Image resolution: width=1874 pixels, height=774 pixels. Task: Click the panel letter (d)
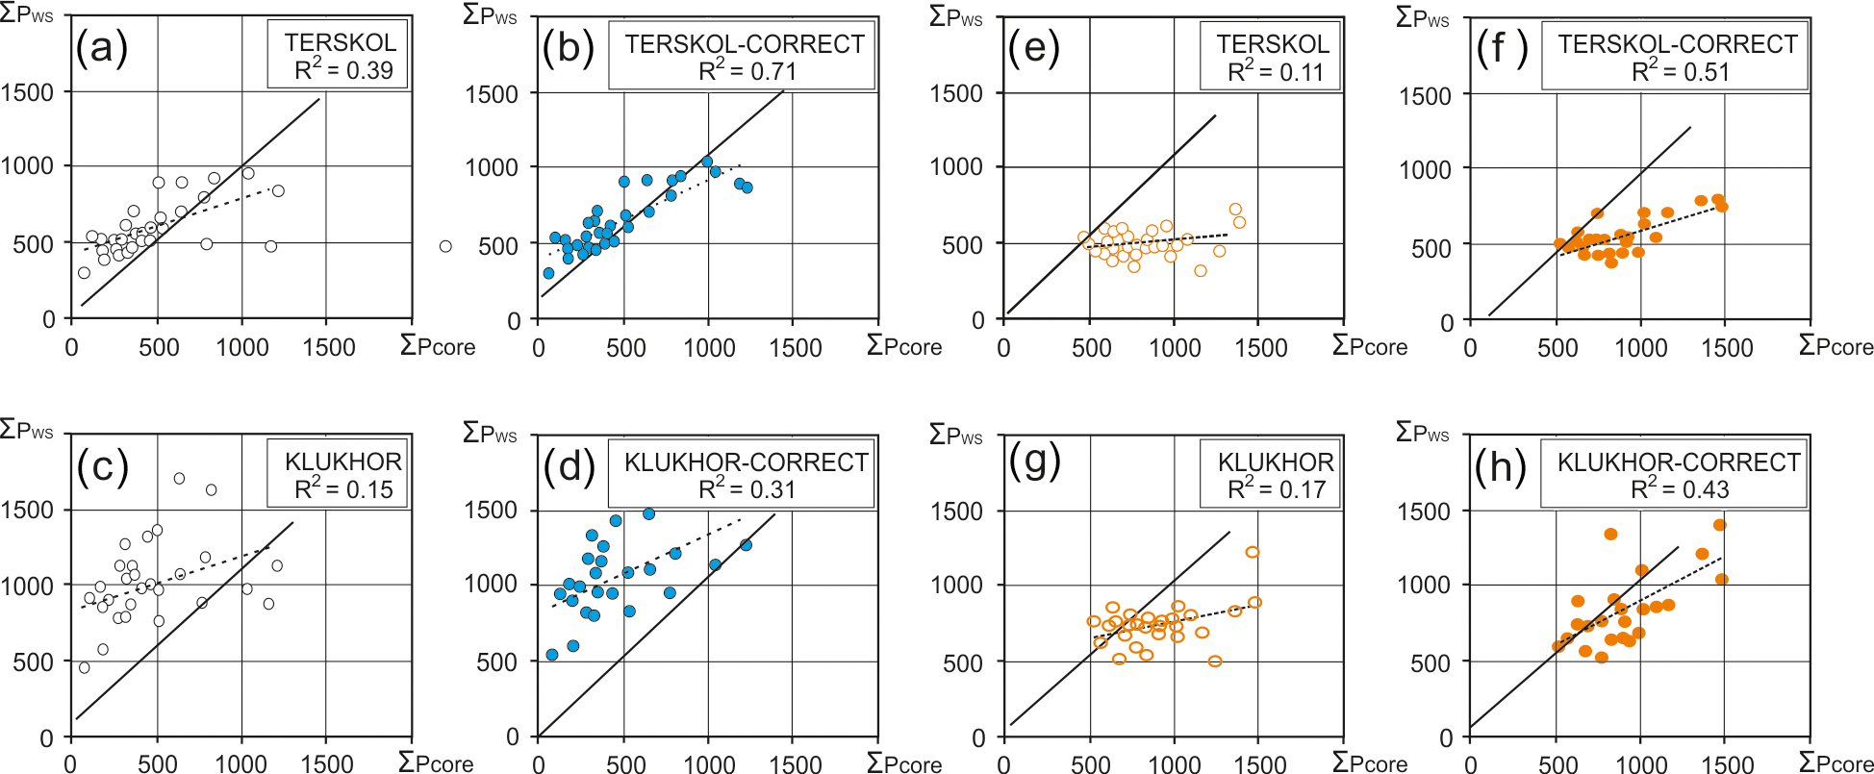coord(570,466)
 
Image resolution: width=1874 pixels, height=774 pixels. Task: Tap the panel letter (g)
coord(1034,462)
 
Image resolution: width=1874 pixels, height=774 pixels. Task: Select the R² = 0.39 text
coord(343,70)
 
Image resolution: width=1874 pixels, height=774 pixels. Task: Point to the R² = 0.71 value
coord(747,71)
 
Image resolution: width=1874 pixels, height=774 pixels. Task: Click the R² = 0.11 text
coord(1276,72)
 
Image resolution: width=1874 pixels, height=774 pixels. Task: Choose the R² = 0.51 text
coord(1680,72)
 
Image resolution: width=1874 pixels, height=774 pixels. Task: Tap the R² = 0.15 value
coord(343,489)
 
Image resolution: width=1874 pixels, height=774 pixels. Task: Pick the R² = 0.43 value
coord(1680,489)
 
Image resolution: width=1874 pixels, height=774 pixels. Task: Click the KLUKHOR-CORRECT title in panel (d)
coord(746,462)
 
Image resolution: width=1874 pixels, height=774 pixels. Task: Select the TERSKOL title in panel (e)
coord(1273,44)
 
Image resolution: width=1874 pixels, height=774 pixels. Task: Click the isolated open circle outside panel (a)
coord(445,246)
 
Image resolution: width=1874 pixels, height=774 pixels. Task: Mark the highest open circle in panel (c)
coord(179,478)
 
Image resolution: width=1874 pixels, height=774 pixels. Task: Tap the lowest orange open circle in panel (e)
coord(1200,271)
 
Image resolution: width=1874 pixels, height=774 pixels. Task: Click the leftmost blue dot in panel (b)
coord(548,273)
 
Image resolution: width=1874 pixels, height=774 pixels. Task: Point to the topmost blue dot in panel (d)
coord(649,514)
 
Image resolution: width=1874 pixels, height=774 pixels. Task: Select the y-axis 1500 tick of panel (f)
coord(1425,96)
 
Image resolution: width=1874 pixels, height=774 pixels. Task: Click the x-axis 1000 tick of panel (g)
coord(1175,764)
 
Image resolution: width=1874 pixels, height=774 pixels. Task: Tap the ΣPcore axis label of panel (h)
coord(1836,763)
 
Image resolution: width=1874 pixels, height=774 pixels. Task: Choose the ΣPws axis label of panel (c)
coord(27,430)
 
